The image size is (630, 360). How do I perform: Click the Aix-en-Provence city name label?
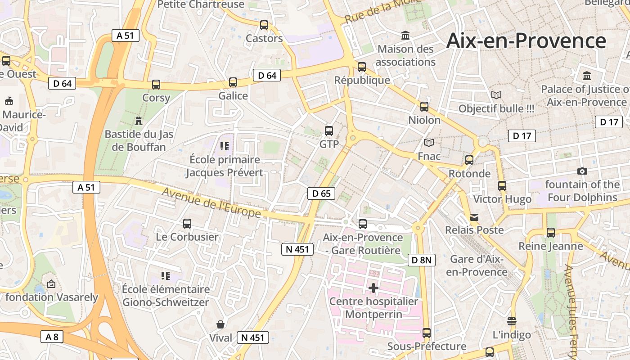526,41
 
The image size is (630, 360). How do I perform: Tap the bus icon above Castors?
264,25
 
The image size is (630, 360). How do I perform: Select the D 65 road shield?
321,193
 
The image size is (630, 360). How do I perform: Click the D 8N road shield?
422,260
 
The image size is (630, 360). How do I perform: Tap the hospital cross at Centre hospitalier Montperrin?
373,288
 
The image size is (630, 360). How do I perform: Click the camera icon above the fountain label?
582,171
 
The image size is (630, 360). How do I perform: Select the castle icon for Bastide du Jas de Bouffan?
138,121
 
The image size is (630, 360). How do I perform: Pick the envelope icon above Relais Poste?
474,217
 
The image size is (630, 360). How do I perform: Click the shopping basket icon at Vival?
221,324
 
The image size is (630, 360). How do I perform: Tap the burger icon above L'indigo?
511,321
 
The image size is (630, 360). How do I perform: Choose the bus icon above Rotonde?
469,160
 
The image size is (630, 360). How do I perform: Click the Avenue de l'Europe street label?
211,202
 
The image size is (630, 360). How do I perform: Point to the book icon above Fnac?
429,143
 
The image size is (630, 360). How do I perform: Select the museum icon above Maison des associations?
405,35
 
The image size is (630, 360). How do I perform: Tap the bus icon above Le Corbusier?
187,223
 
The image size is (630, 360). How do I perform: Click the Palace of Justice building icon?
586,76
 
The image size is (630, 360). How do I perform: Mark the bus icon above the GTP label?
329,131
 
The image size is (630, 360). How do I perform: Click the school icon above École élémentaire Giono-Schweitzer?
166,275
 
